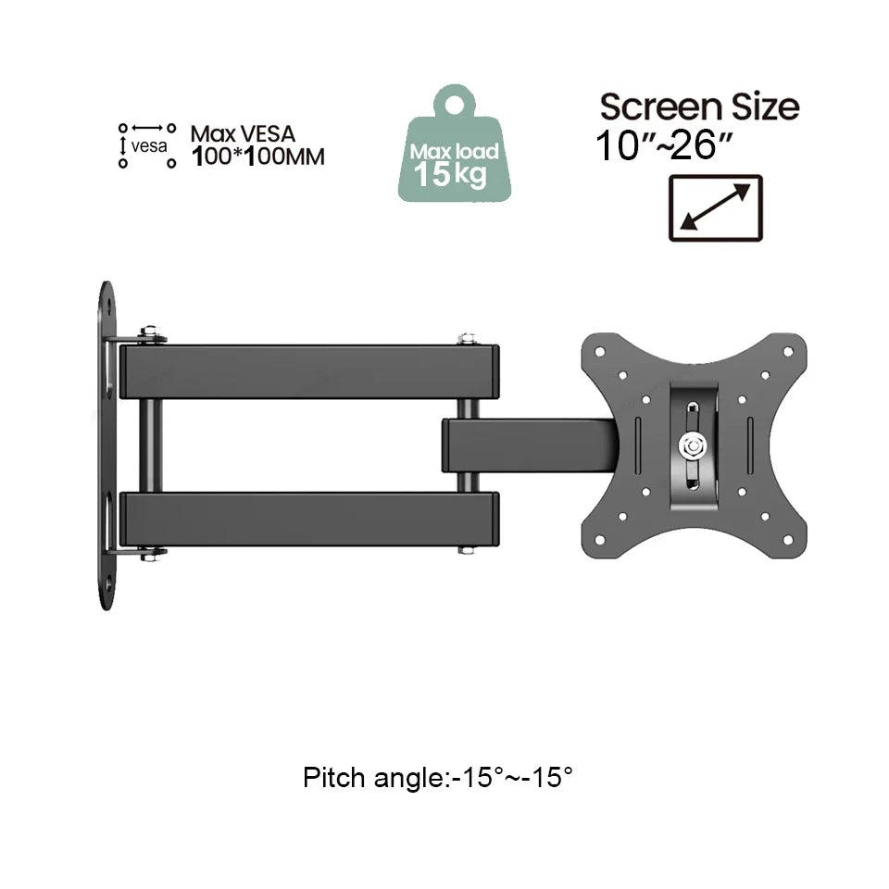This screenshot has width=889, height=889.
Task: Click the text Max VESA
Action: tap(243, 135)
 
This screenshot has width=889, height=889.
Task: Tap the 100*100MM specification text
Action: tap(257, 157)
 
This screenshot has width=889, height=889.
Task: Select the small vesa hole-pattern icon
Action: tap(146, 145)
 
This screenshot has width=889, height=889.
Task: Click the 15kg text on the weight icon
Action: tap(450, 173)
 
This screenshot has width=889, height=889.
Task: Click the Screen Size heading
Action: tap(699, 106)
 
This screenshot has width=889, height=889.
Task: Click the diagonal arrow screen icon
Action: tap(715, 207)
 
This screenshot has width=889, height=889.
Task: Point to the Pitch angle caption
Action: tap(438, 777)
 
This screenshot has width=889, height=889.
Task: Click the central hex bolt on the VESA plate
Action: tap(691, 445)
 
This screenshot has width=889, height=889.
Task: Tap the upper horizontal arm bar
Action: tap(310, 371)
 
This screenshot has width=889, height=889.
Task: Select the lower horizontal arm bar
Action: tap(310, 519)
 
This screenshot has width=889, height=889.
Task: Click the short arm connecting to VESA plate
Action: tap(528, 445)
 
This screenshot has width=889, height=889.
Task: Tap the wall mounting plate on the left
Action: tap(106, 444)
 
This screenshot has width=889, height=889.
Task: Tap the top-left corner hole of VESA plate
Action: tap(599, 352)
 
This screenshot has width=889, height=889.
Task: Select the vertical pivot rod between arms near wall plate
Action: tap(150, 445)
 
